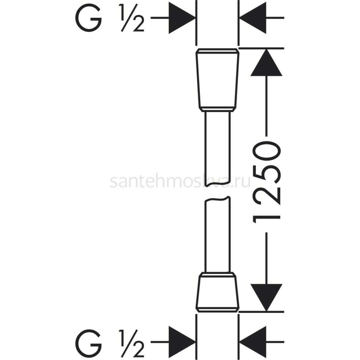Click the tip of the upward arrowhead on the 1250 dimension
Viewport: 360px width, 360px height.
pyautogui.click(x=266, y=49)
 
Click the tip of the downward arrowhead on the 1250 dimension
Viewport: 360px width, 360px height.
pyautogui.click(x=266, y=311)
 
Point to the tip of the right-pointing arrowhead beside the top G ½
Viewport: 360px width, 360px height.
pyautogui.click(x=195, y=18)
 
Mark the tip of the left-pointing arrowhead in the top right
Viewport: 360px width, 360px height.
pyautogui.click(x=239, y=18)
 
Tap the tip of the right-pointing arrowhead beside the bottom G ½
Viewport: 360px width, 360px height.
pyautogui.click(x=195, y=342)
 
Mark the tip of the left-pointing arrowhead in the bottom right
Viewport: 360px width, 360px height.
pyautogui.click(x=239, y=342)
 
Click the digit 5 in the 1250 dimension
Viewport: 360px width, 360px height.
pyautogui.click(x=267, y=175)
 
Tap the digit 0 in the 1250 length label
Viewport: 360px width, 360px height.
pyautogui.click(x=267, y=152)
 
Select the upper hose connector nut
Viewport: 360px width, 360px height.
pyautogui.click(x=217, y=80)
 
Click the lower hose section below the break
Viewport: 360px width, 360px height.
pyautogui.click(x=217, y=237)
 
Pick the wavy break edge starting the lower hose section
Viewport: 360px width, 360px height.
pyautogui.click(x=217, y=199)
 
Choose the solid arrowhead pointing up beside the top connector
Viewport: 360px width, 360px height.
pyautogui.click(x=266, y=62)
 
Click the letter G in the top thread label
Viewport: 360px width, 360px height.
pyautogui.click(x=88, y=18)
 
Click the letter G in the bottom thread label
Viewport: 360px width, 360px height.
pyautogui.click(x=88, y=342)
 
